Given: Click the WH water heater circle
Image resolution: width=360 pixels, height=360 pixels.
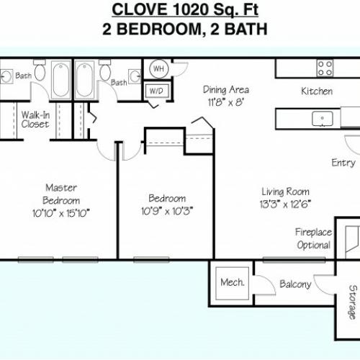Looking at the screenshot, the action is pyautogui.click(x=158, y=69).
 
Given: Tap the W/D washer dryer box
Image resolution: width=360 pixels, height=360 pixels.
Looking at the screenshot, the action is pyautogui.click(x=157, y=91).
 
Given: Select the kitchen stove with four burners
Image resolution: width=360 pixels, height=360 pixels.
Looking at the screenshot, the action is pyautogui.click(x=325, y=68).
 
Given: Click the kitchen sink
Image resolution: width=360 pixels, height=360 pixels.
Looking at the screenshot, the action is pyautogui.click(x=323, y=118).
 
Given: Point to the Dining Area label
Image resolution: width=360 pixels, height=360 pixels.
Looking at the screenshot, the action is pyautogui.click(x=226, y=90).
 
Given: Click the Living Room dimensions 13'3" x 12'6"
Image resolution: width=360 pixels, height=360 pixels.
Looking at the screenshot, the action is pyautogui.click(x=285, y=204).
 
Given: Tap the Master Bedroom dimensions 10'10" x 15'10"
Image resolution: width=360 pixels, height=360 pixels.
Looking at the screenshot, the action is pyautogui.click(x=61, y=213).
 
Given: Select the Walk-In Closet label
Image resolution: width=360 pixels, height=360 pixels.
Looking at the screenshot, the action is pyautogui.click(x=35, y=120).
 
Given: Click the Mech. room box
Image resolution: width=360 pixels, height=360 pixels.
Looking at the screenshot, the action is pyautogui.click(x=232, y=284).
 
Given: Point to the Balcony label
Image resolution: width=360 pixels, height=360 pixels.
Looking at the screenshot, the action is pyautogui.click(x=295, y=284).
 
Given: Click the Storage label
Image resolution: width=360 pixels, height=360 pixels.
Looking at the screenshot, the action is pyautogui.click(x=353, y=302).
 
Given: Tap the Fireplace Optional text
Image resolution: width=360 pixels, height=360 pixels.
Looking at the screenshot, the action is pyautogui.click(x=314, y=238).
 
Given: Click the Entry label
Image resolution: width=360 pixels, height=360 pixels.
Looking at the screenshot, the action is pyautogui.click(x=343, y=163).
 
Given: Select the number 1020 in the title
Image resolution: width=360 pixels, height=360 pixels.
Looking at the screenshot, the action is pyautogui.click(x=190, y=10).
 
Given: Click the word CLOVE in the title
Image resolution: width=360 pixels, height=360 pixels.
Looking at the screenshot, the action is pyautogui.click(x=140, y=10).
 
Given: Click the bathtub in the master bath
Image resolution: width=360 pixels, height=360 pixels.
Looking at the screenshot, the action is pyautogui.click(x=61, y=79).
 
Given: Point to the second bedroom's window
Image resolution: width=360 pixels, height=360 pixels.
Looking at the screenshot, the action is pyautogui.click(x=151, y=260).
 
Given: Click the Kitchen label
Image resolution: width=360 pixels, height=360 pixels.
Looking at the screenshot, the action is pyautogui.click(x=317, y=91).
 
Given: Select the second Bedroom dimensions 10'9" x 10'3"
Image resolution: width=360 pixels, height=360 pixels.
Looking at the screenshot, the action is pyautogui.click(x=167, y=211).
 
